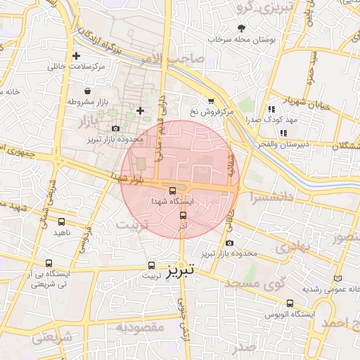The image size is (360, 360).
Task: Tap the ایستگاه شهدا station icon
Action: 173,191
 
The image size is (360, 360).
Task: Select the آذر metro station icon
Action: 184,216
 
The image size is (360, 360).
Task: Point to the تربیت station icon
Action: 152,266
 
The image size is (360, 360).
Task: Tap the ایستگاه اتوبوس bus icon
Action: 290,303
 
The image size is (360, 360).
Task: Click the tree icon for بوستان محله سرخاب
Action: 242,27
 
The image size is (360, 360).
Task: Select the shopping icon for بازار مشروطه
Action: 86,91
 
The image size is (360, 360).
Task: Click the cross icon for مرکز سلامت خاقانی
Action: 76,56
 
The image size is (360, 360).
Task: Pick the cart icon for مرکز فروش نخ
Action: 210,101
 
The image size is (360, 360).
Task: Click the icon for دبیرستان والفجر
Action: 283,133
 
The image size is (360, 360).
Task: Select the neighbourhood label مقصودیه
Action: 141,327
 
